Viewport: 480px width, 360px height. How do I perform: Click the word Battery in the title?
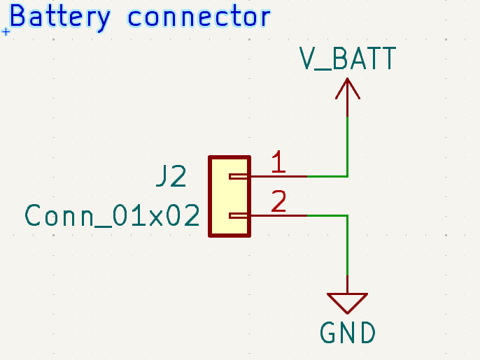tap(59, 17)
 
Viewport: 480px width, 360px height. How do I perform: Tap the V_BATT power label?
tap(348, 59)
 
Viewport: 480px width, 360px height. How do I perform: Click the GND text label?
tap(348, 333)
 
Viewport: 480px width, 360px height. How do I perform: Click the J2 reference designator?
tap(171, 178)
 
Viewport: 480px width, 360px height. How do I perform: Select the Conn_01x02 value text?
tap(112, 215)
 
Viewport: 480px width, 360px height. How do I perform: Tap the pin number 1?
tap(278, 163)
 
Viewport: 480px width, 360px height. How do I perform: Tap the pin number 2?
tap(278, 202)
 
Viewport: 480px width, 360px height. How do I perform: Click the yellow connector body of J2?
tap(230, 196)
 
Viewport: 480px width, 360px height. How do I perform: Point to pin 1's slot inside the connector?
tap(239, 177)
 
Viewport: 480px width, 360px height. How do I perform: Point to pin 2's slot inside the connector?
tap(239, 215)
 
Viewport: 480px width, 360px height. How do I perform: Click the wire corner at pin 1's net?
tap(348, 176)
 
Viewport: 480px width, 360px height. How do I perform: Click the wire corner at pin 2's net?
tap(348, 215)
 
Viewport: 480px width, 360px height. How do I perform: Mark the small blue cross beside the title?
tap(6, 31)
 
